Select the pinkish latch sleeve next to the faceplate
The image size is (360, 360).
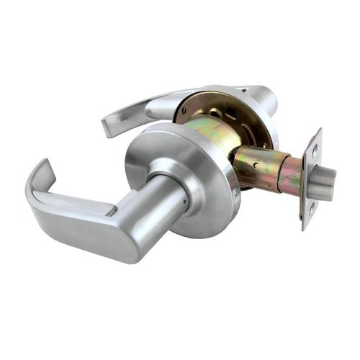[x=289, y=176]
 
